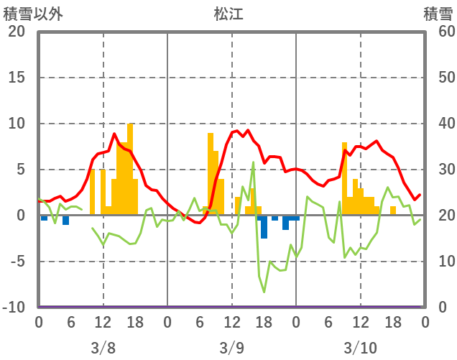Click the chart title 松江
coord(228,14)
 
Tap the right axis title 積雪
coord(438,14)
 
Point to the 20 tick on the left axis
coord(16,32)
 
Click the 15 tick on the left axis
coord(16,78)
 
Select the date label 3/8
coord(103,349)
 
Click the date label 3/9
coord(231,349)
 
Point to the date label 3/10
coord(360,349)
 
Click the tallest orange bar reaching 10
coord(130,169)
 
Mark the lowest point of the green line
coord(264,292)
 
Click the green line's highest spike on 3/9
coord(253,162)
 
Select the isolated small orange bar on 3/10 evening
coord(393,211)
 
